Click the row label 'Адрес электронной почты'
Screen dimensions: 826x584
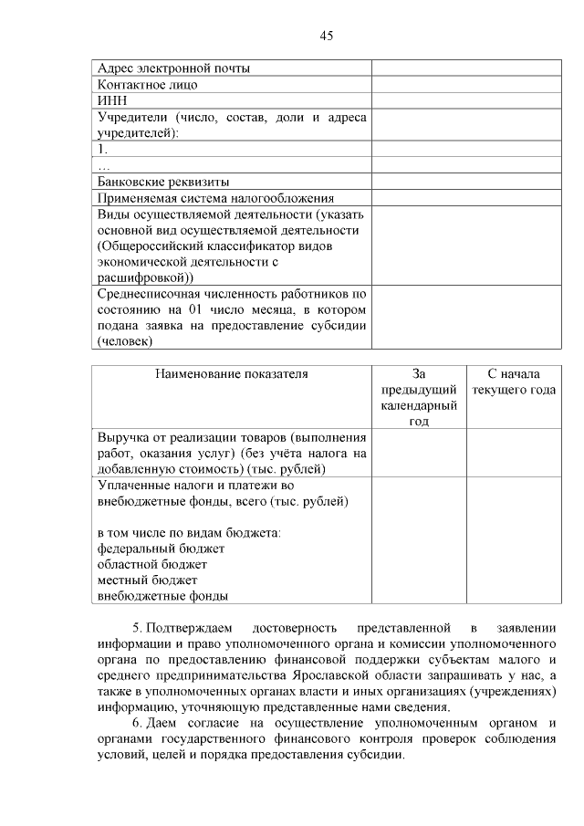pyautogui.click(x=173, y=68)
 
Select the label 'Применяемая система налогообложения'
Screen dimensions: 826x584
pyautogui.click(x=215, y=197)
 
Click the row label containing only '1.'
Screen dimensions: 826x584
pyautogui.click(x=102, y=148)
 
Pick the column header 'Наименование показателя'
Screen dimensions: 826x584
pyautogui.click(x=231, y=373)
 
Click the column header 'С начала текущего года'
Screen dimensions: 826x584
pyautogui.click(x=514, y=382)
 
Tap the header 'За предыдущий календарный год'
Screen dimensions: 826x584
pyautogui.click(x=419, y=397)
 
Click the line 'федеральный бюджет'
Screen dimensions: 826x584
pyautogui.click(x=160, y=549)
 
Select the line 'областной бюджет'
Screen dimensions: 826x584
pyautogui.click(x=151, y=564)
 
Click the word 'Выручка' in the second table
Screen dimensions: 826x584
pyautogui.click(x=123, y=437)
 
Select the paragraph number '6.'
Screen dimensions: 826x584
pyautogui.click(x=138, y=724)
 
